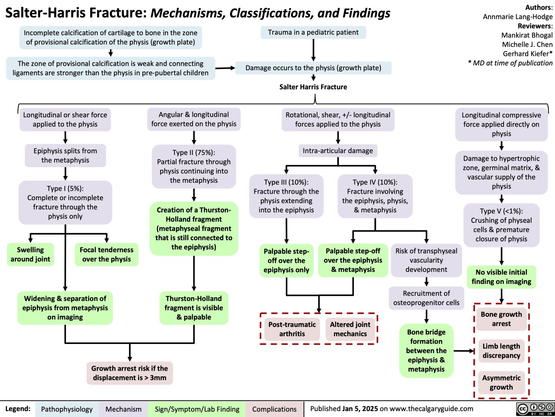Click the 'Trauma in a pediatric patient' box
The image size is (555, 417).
[x=313, y=32]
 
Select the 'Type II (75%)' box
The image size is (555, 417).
[x=194, y=166]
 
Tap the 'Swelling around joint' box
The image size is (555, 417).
[x=30, y=254]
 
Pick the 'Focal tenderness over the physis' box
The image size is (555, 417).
[x=106, y=254]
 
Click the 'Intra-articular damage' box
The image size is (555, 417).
[x=338, y=150]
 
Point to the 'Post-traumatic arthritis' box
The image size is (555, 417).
[x=292, y=329]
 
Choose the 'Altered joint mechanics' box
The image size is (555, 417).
[x=350, y=329]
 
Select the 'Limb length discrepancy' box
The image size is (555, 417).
[x=501, y=351]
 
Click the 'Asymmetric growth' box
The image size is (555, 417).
[x=501, y=382]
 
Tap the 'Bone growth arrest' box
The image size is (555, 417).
[x=501, y=319]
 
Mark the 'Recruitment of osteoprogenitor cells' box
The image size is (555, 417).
[x=426, y=298]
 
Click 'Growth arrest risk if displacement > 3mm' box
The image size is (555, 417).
[x=129, y=373]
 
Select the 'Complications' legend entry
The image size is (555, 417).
[x=274, y=409]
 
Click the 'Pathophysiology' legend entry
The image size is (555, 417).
[x=67, y=409]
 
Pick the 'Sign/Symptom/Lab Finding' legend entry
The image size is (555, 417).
[x=197, y=409]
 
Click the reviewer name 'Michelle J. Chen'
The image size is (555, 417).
[x=527, y=44]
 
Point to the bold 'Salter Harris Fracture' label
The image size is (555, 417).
[x=313, y=87]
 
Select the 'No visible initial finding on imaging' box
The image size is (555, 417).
[x=501, y=277]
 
